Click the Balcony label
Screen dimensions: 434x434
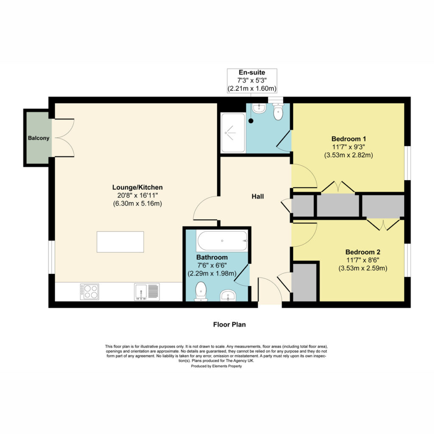coord(39,138)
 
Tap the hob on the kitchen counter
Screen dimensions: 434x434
coord(89,292)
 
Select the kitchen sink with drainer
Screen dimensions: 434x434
coord(147,292)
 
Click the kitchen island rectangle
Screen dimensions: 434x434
coord(120,242)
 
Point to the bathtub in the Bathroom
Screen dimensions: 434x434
coord(222,241)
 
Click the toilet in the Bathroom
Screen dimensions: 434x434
coord(200,292)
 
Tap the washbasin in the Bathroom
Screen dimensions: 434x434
coord(228,295)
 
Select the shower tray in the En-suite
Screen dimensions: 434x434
coord(233,133)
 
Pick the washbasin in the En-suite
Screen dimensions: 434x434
coord(259,108)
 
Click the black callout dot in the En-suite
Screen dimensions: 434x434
coord(251,121)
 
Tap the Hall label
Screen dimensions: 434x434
coord(257,196)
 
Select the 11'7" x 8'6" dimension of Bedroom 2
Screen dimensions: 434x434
coord(363,260)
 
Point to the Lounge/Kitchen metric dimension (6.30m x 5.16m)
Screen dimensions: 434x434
coord(137,204)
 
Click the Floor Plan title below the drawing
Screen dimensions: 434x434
coord(229,324)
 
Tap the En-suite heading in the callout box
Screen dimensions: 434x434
coord(252,72)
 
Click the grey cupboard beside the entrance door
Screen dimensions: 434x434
coord(304,283)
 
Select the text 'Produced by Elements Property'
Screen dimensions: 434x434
coord(216,366)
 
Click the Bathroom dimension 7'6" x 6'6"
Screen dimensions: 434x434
coord(212,265)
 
